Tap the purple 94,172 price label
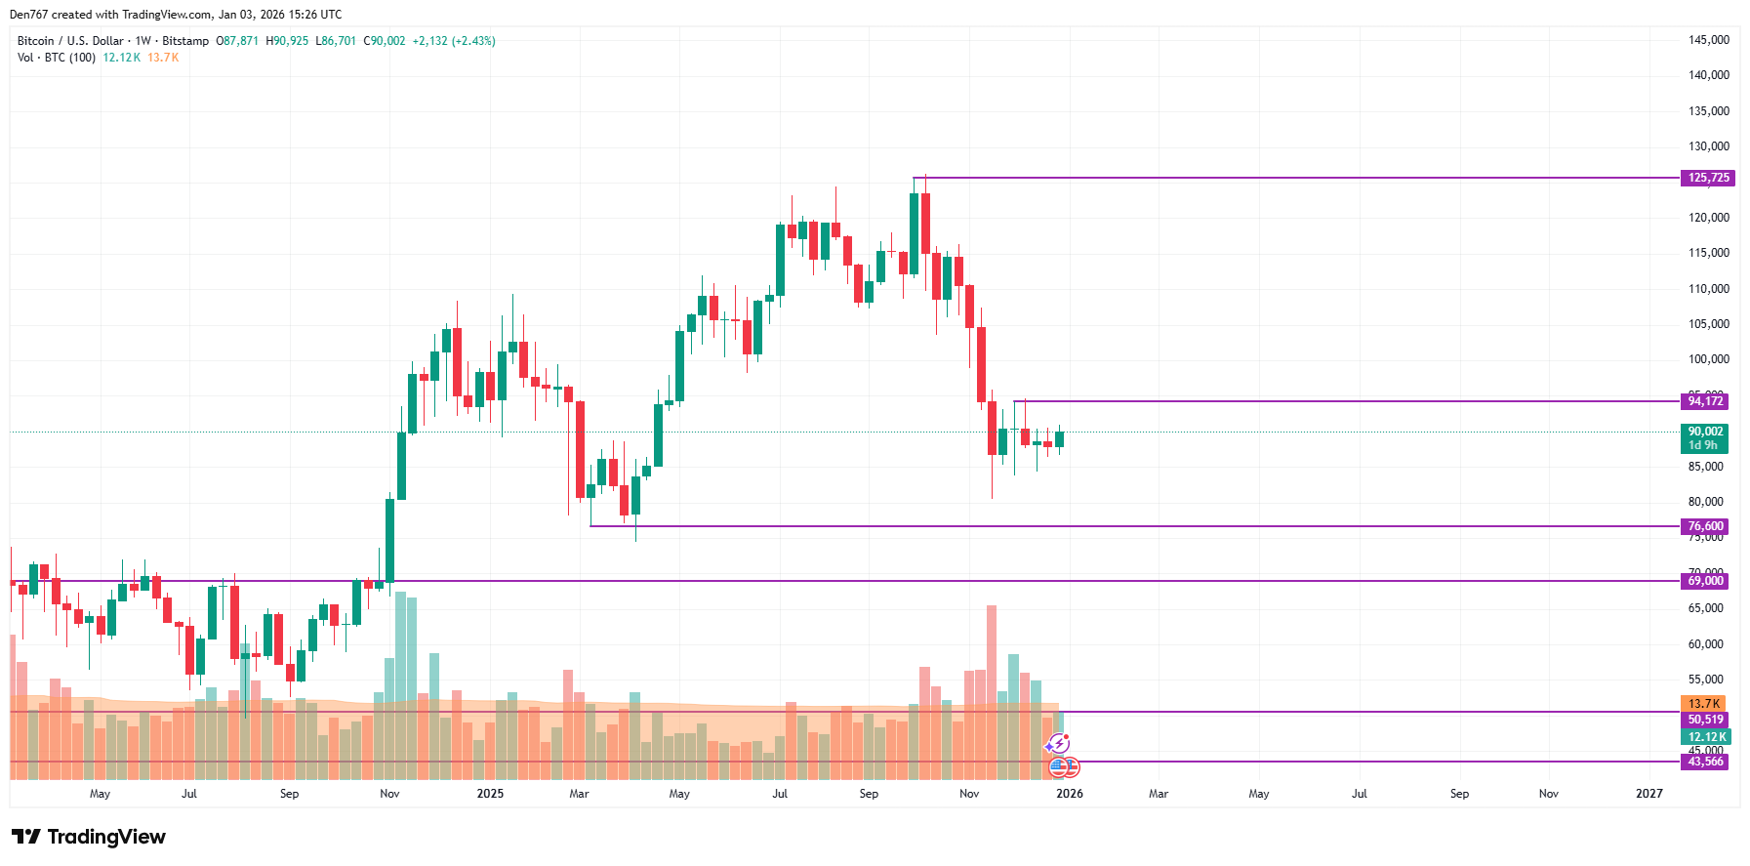1704,401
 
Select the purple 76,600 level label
1704,526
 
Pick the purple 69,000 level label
1704,581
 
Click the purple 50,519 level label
1704,720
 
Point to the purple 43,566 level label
1704,762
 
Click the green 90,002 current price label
1704,432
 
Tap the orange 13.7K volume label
1703,704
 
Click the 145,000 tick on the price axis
1708,40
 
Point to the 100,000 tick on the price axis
1708,359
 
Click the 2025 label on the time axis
490,794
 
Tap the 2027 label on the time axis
1648,794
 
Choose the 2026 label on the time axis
1069,794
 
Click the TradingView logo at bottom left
89,837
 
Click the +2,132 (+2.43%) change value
454,41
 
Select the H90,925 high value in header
287,41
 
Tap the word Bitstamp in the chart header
185,41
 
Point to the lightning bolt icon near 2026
1058,744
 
